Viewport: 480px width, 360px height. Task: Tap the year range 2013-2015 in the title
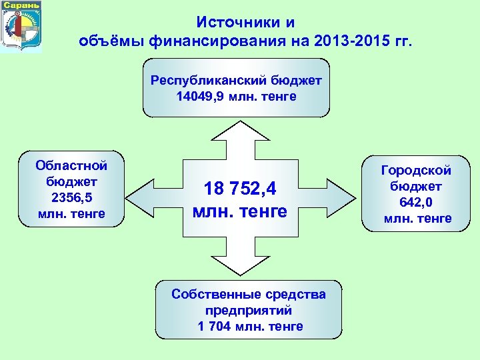[x=350, y=43]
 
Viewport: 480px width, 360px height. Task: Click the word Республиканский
[x=209, y=81]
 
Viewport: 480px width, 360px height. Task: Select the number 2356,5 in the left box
[x=72, y=197]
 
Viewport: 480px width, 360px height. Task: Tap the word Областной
[x=72, y=165]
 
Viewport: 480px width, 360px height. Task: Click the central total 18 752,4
[x=240, y=189]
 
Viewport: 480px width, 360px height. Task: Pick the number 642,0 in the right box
[x=417, y=203]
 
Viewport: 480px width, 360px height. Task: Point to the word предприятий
[x=249, y=310]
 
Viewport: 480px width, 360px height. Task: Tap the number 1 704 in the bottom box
[x=217, y=326]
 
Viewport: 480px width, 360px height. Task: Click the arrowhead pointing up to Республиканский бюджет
[x=239, y=133]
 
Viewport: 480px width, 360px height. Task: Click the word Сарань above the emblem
[x=21, y=5]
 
